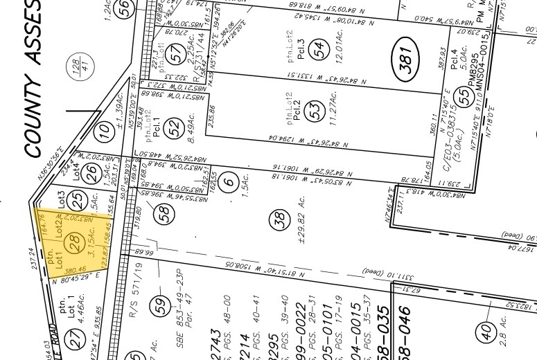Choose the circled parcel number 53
point(317,112)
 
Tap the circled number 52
point(177,126)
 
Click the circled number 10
point(105,129)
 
